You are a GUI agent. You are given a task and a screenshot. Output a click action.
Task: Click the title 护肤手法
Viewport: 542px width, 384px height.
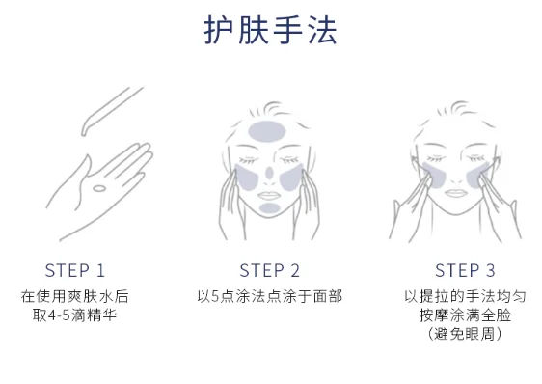pos(270,30)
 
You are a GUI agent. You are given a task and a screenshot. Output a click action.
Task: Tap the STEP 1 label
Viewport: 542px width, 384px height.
pos(74,270)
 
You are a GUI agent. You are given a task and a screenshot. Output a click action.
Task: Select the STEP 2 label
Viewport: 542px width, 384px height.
pos(270,270)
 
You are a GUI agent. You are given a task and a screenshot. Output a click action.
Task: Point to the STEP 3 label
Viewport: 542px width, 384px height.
pos(465,270)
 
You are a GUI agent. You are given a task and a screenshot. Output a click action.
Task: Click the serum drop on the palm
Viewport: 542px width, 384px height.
pos(99,188)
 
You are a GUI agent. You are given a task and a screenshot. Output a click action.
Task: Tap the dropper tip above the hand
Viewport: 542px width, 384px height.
pos(84,132)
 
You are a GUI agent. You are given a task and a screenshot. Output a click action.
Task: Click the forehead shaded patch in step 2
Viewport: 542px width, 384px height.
pos(266,131)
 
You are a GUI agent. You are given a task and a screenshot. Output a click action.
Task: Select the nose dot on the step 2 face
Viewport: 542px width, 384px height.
pos(269,173)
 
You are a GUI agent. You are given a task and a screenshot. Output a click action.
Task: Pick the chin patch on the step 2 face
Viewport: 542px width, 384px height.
pos(270,207)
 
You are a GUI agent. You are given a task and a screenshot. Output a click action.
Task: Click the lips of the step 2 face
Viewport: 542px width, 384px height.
pos(268,196)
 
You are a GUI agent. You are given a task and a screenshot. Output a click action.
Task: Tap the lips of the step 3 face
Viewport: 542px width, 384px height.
pos(456,193)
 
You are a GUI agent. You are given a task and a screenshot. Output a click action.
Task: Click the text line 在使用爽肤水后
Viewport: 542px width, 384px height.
pos(74,297)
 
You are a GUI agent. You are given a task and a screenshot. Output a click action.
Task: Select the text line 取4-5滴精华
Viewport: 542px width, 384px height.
pos(74,315)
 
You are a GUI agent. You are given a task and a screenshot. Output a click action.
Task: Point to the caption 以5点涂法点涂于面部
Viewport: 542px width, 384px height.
pos(270,297)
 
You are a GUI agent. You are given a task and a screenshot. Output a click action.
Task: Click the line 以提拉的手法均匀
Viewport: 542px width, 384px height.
pos(465,297)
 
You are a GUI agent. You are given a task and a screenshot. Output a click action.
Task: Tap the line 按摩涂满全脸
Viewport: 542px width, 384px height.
pos(465,315)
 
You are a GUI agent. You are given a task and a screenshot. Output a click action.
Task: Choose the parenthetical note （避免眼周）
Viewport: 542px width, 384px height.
pos(465,334)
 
